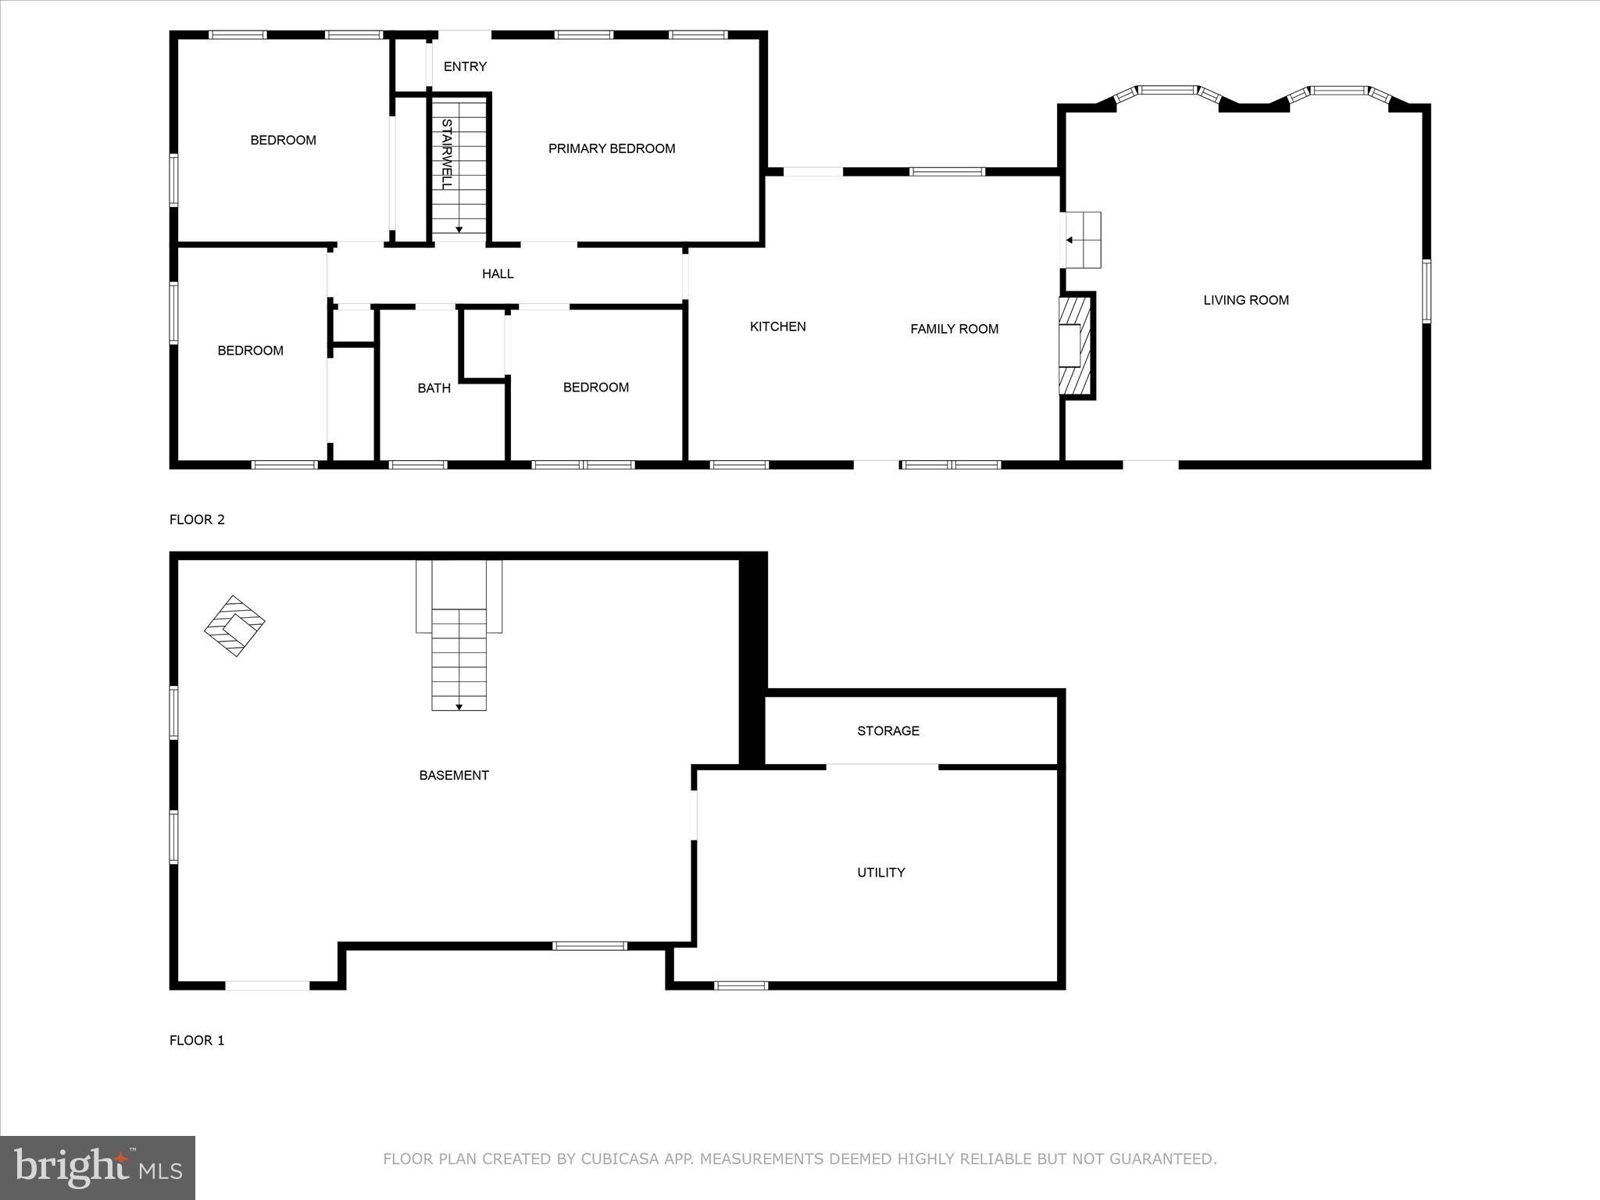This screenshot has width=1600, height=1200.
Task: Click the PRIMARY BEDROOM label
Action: (612, 148)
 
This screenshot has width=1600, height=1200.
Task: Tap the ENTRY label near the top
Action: (465, 66)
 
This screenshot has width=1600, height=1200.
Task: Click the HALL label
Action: (498, 273)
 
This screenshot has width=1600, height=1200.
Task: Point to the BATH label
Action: (434, 387)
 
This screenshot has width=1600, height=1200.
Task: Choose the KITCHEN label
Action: (777, 327)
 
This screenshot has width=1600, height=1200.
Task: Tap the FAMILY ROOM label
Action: (954, 329)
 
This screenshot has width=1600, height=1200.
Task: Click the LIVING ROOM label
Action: (1245, 300)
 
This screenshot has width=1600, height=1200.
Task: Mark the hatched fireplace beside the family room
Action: (1076, 345)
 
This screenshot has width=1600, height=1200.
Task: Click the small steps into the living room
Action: (1084, 240)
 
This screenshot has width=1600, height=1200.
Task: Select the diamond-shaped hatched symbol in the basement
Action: (234, 626)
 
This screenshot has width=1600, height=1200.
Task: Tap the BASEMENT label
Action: (454, 775)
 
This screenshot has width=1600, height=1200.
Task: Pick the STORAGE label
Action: (887, 730)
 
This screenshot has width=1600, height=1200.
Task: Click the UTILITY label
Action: (880, 872)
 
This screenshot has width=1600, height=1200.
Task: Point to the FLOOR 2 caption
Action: (197, 520)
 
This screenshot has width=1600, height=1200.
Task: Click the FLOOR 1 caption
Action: (197, 1040)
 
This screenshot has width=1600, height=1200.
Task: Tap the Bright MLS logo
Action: (98, 1167)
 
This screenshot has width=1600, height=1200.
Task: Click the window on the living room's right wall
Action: (1426, 291)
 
